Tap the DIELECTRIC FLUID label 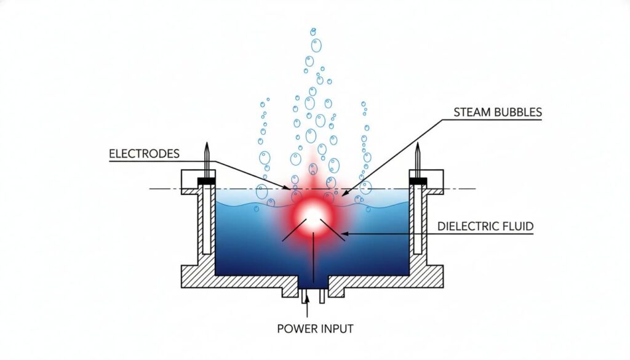click(485, 226)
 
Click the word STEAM click(471, 112)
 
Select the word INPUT click(337, 329)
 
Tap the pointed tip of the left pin click(207, 145)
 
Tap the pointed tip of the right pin click(418, 145)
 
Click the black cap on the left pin click(207, 180)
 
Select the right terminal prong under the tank click(322, 298)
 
